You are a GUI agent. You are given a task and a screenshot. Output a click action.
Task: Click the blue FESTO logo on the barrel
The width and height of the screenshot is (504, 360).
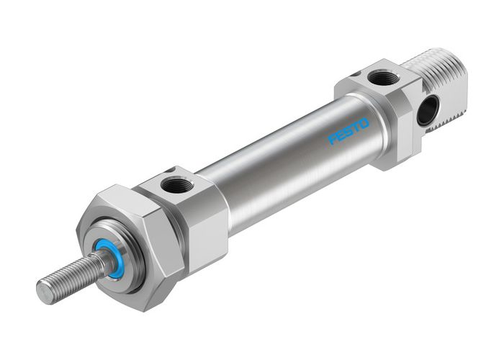click(348, 132)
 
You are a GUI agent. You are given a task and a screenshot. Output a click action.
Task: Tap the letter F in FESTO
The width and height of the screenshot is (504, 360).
click(333, 140)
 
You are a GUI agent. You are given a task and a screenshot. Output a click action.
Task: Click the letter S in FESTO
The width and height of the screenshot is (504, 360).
click(348, 132)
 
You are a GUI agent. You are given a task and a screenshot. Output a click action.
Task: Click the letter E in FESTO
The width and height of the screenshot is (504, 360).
click(340, 136)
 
